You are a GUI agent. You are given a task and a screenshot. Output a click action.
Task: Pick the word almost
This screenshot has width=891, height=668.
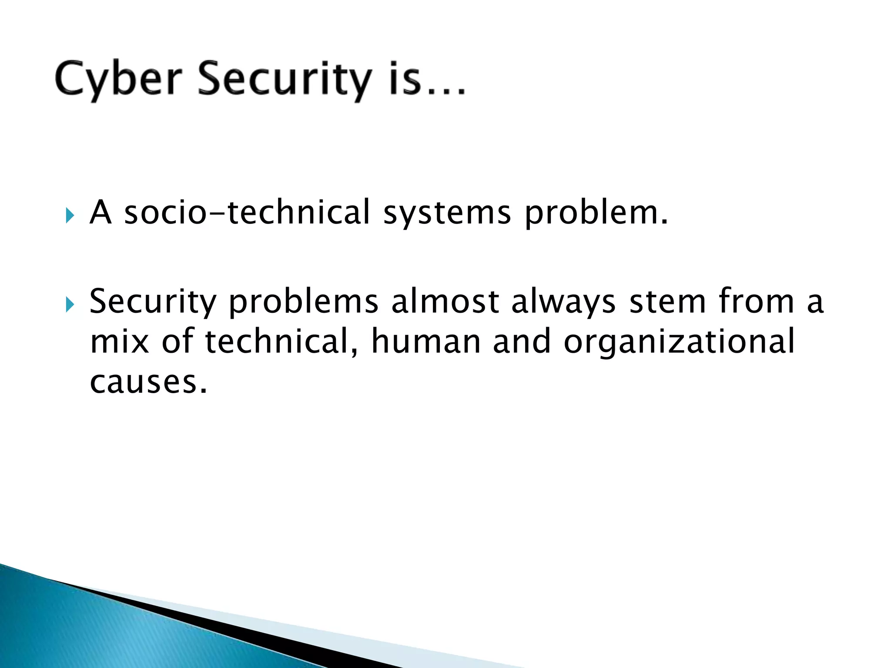click(445, 301)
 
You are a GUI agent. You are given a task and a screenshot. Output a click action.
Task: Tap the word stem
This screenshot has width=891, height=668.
click(668, 301)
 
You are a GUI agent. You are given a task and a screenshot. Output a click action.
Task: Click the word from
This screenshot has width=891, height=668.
click(756, 301)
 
